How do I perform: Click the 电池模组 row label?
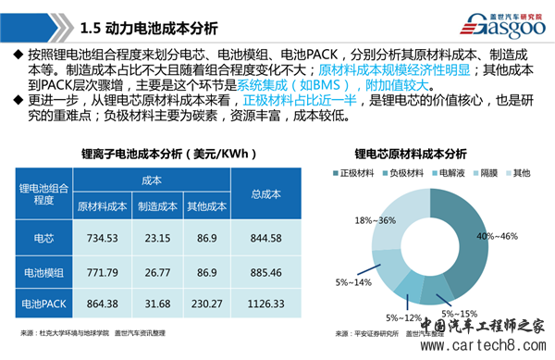[x=43, y=269]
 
